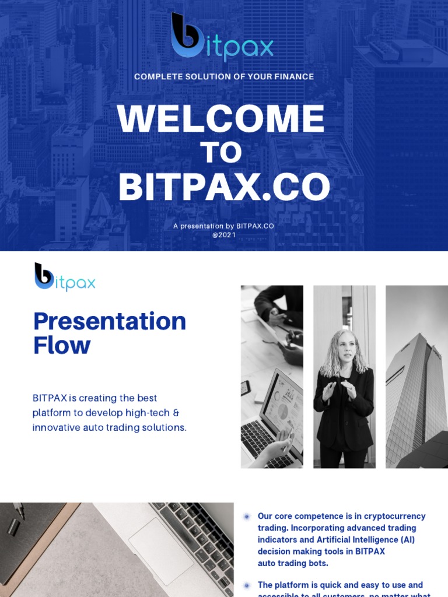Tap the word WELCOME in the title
click(220, 119)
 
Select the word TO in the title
click(220, 153)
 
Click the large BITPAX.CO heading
click(224, 188)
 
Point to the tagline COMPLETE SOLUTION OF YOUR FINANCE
click(224, 76)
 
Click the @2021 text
click(224, 234)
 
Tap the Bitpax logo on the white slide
click(65, 277)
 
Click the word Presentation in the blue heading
click(110, 321)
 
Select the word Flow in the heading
click(62, 345)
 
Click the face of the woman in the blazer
click(345, 346)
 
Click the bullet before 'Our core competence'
click(247, 517)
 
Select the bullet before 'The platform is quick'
click(247, 585)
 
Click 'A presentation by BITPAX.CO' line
click(223, 226)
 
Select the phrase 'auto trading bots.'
click(293, 563)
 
